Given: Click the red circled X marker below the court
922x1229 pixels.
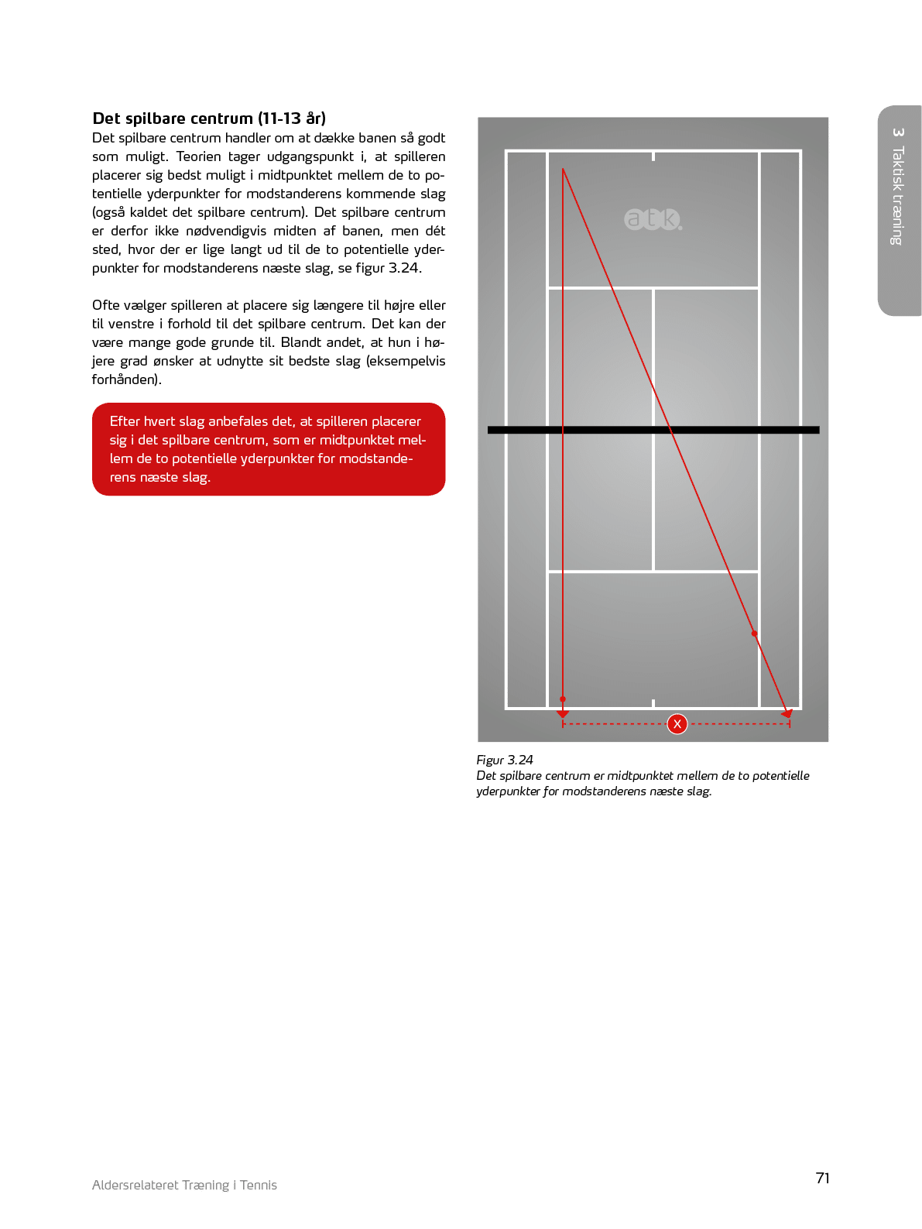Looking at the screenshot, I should click(x=677, y=724).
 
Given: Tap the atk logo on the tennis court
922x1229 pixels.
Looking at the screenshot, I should click(x=653, y=219).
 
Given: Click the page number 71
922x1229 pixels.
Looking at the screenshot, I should click(x=822, y=1178).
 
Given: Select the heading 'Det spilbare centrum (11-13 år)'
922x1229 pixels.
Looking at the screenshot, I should click(x=209, y=118).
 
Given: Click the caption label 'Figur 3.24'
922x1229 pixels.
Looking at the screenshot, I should click(x=505, y=760).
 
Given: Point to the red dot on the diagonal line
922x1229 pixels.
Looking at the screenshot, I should click(x=754, y=633).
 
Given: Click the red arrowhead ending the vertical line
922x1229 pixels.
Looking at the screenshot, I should click(x=563, y=713).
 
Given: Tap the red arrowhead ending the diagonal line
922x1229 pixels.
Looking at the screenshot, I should click(x=787, y=713).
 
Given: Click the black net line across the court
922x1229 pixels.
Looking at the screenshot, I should click(x=653, y=430).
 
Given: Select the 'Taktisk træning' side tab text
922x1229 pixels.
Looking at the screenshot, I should click(x=897, y=196).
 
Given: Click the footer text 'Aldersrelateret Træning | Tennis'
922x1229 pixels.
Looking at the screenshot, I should click(x=184, y=1185).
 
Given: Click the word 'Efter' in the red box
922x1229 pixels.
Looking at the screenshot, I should click(x=125, y=421).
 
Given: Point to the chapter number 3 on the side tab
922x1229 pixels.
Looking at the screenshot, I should click(x=898, y=132).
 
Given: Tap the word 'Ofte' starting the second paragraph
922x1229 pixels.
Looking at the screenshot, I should click(x=106, y=305).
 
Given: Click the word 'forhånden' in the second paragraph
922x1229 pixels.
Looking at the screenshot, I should click(x=125, y=379).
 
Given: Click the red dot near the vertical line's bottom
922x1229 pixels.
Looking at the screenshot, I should click(x=563, y=699).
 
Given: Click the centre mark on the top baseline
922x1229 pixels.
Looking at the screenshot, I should click(x=653, y=156).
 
